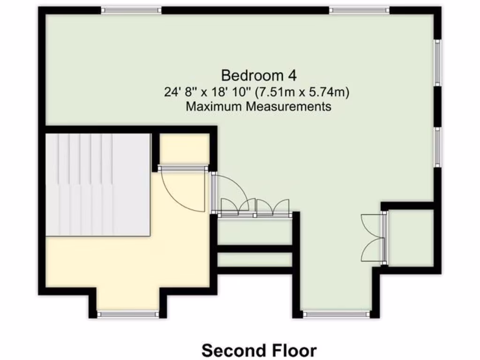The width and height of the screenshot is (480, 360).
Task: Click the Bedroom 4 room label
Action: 259,75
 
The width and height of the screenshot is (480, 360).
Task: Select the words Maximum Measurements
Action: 259,106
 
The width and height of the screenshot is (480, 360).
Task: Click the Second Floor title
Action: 259,350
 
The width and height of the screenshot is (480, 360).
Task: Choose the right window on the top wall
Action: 359,10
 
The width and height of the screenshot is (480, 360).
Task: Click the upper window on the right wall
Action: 437,63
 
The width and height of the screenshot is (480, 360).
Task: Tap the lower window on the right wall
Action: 437,147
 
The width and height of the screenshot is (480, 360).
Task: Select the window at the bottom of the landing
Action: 128,314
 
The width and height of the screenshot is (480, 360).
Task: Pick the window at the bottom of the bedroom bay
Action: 336,314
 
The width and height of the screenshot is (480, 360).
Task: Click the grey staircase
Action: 97,184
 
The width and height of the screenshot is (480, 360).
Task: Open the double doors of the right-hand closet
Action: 373,237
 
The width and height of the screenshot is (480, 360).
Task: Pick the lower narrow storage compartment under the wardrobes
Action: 255,260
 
